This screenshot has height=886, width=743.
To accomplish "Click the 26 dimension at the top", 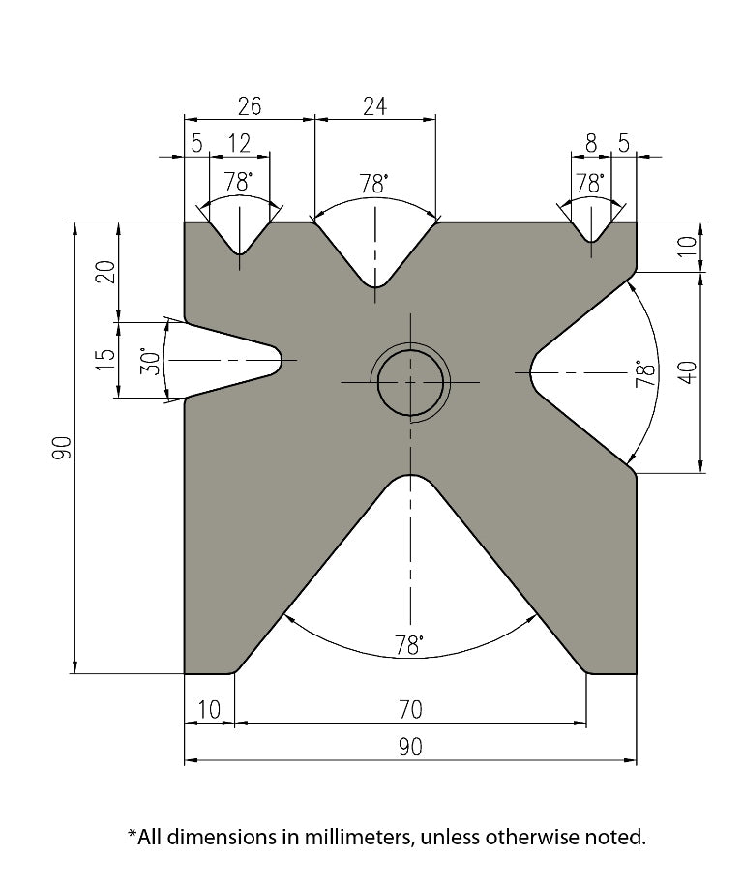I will click(249, 106).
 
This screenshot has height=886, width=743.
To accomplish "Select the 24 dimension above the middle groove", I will click(374, 106).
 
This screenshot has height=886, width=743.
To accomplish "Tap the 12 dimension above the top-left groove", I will click(238, 144).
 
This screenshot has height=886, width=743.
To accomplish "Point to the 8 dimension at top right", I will click(591, 144).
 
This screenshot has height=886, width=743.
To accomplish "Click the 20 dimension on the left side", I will click(106, 271).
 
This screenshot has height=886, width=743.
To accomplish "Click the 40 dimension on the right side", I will click(687, 372).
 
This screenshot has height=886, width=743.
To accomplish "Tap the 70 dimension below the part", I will click(410, 710).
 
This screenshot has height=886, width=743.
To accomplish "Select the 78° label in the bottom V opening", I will click(410, 645).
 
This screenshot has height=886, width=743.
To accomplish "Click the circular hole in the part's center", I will click(411, 383).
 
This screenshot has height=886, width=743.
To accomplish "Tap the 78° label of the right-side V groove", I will click(640, 373).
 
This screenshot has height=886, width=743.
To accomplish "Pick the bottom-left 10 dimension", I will click(209, 710).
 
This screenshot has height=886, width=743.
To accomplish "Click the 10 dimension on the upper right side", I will click(687, 246).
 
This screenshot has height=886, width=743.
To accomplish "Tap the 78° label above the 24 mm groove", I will click(374, 183).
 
